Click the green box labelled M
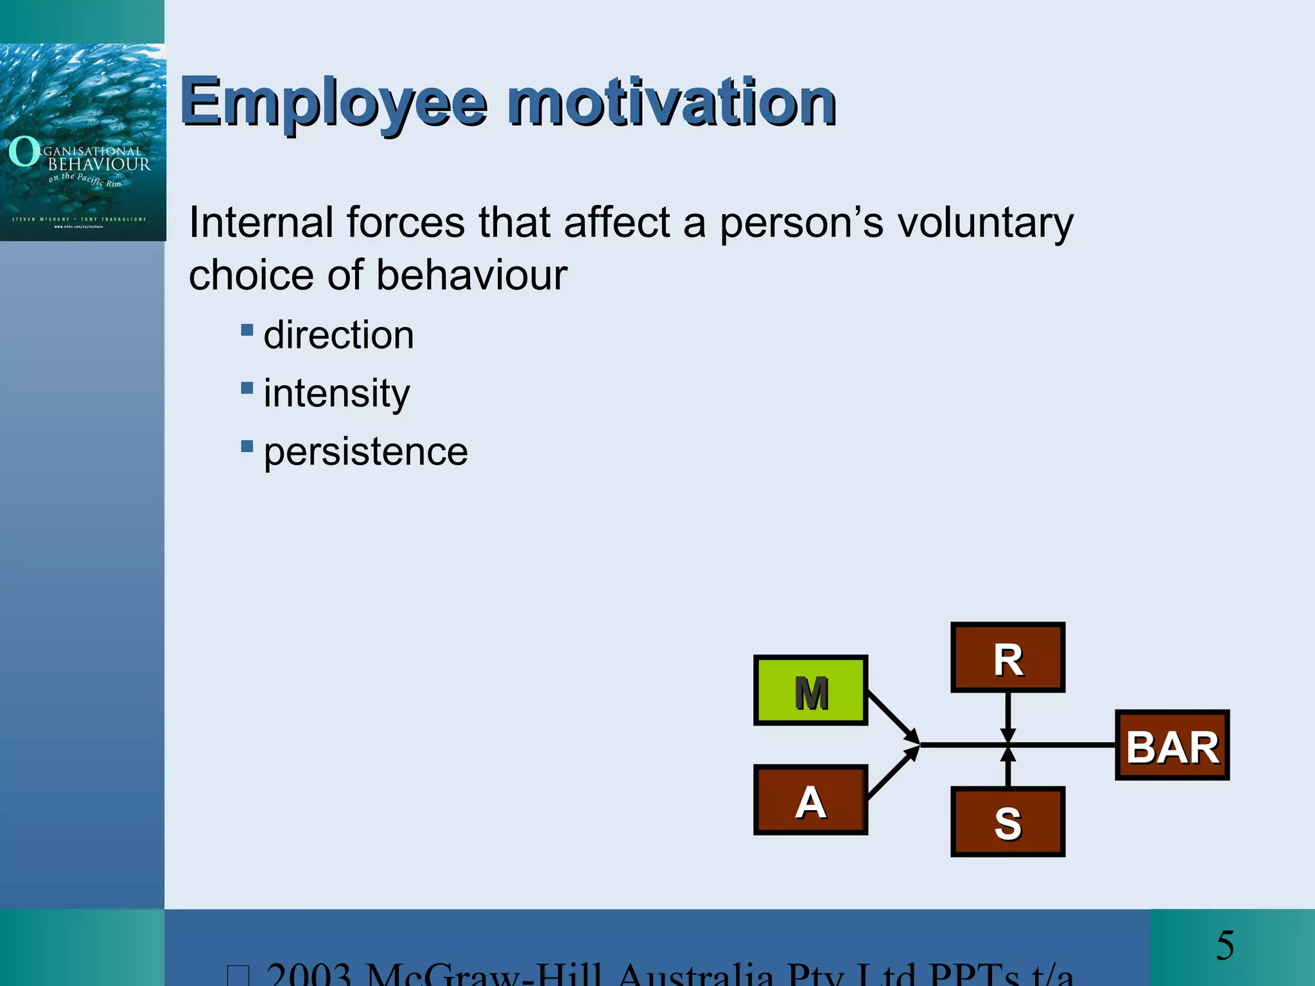pos(810,691)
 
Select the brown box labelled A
pos(810,800)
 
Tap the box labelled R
pos(1007,657)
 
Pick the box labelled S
pos(1007,822)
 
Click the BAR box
pos(1172,745)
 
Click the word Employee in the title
pos(333,103)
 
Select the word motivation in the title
pos(671,103)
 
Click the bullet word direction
pos(338,335)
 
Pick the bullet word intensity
pos(336,393)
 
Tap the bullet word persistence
pos(365,451)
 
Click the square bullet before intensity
pos(247,388)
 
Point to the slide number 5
pos(1224,946)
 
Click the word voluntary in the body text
pos(985,223)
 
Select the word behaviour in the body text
pos(471,275)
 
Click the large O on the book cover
pos(24,151)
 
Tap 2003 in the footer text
pos(309,974)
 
